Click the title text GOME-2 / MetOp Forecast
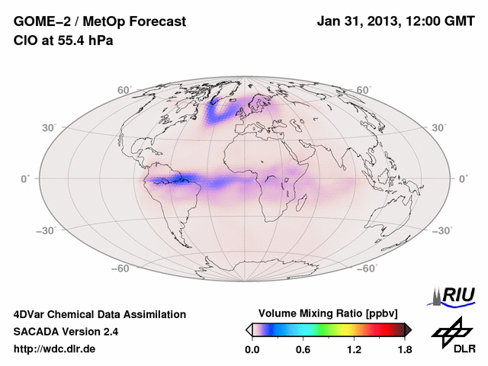(x=100, y=22)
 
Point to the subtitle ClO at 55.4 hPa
(x=63, y=40)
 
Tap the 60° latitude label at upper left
(x=125, y=91)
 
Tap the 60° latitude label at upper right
(x=364, y=91)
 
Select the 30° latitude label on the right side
(x=440, y=127)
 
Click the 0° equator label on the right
(x=463, y=178)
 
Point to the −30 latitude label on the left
(x=47, y=230)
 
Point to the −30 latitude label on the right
(x=441, y=230)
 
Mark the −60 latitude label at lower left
(x=122, y=268)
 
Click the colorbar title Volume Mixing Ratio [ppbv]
(x=329, y=313)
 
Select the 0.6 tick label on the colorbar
(x=303, y=350)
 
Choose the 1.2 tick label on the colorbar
(x=353, y=350)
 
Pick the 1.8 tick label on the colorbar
(x=404, y=350)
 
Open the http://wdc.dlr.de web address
(x=55, y=349)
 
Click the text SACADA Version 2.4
(x=66, y=332)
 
